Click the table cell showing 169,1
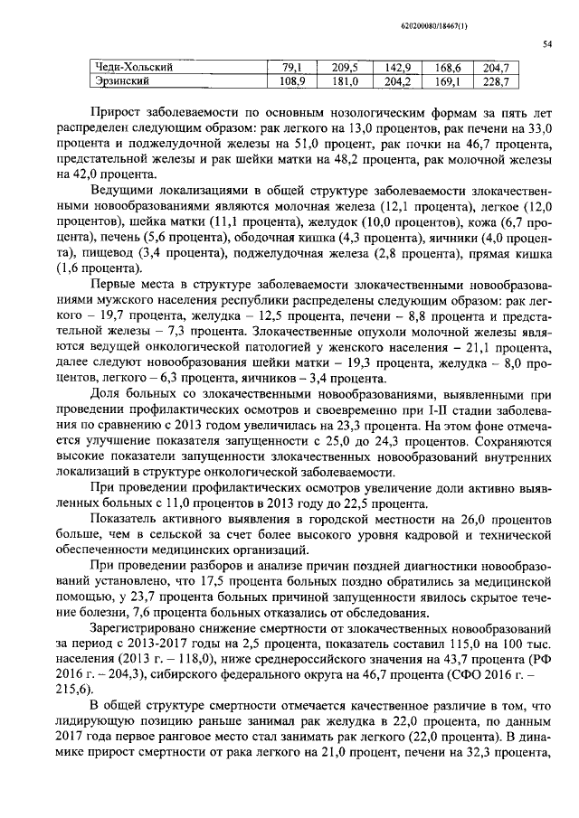[447, 81]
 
